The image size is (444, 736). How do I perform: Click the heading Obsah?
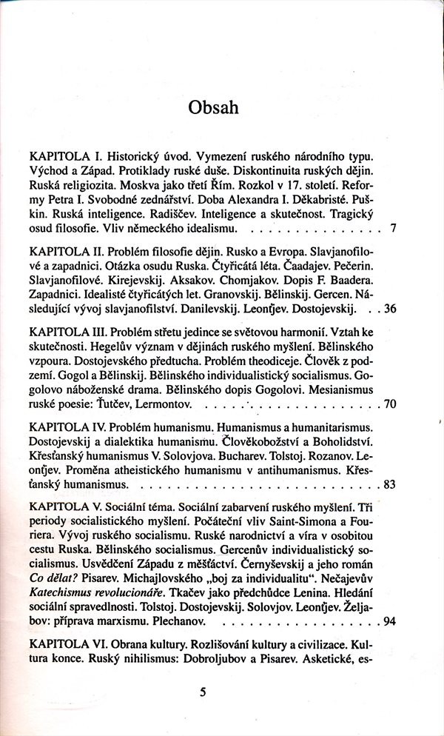[213, 108]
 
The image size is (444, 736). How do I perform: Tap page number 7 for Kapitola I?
[393, 228]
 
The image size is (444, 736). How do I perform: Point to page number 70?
[390, 405]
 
